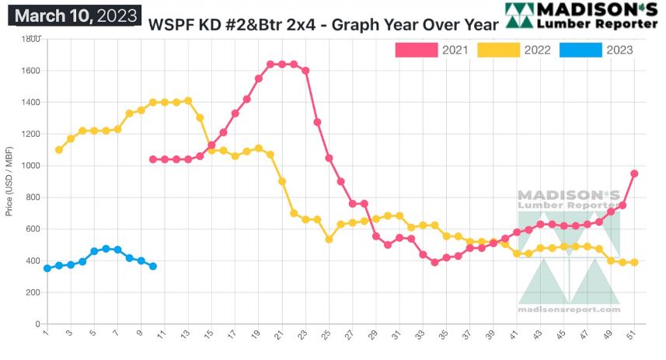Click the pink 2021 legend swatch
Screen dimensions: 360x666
(417, 51)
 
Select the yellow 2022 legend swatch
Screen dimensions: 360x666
(498, 51)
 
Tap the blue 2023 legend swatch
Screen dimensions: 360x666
(581, 51)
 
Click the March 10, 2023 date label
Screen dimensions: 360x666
(77, 15)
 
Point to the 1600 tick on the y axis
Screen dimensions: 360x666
(31, 71)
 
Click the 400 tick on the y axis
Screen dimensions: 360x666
(33, 260)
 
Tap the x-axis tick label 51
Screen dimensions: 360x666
(635, 335)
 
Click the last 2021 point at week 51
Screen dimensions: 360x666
(634, 173)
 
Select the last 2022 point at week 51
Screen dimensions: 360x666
(634, 262)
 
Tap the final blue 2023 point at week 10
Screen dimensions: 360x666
(153, 266)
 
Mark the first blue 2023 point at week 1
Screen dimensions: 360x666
(47, 268)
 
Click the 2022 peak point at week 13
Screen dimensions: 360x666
(188, 101)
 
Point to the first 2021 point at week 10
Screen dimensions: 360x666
(153, 159)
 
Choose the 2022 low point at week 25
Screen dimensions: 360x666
(330, 239)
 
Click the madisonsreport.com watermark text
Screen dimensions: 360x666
(569, 309)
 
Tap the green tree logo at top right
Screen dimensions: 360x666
(518, 15)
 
